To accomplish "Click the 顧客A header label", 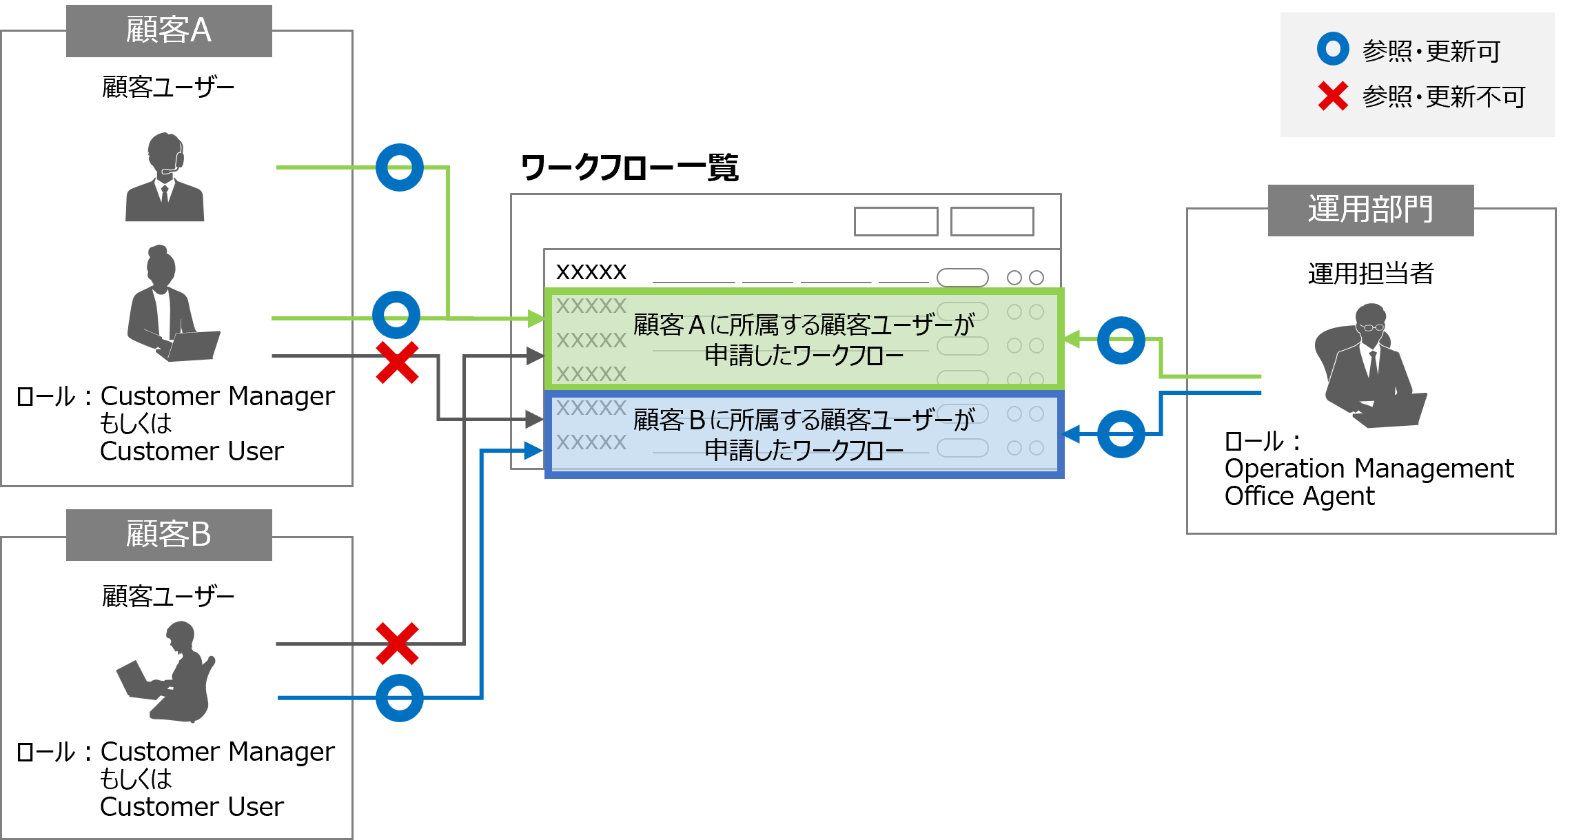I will (x=168, y=31).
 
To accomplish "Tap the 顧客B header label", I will (x=168, y=535).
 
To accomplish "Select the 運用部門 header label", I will (x=1370, y=209).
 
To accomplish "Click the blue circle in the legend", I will (x=1333, y=50).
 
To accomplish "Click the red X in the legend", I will (x=1333, y=96).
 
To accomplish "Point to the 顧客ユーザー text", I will (x=168, y=88).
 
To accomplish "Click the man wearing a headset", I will (x=165, y=178).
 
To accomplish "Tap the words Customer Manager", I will (x=217, y=396).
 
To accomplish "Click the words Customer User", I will (x=192, y=451).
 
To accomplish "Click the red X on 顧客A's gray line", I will (x=397, y=362).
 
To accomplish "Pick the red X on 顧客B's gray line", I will (x=397, y=644).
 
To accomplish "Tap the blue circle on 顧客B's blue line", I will (x=400, y=697).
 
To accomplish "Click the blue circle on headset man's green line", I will (x=400, y=167).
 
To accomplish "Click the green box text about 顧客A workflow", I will (x=803, y=340).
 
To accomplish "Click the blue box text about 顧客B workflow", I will (x=803, y=435).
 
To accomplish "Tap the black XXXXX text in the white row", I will (x=591, y=272).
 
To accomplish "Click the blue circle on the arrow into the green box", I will (x=1121, y=340).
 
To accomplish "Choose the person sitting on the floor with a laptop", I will (x=169, y=673).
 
